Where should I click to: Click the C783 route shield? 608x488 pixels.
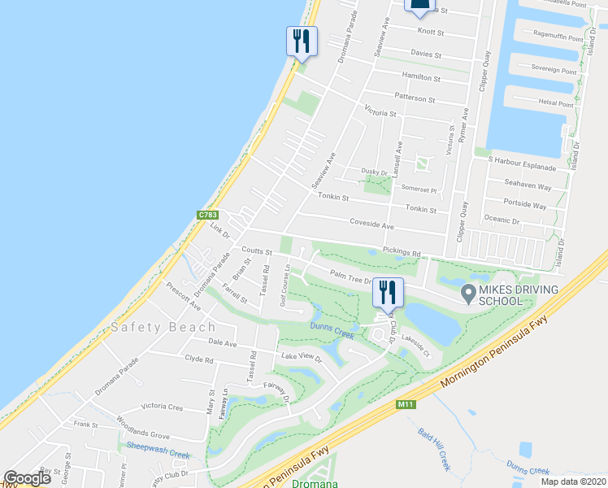tap(206, 215)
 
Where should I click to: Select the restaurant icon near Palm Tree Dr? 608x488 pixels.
tap(388, 291)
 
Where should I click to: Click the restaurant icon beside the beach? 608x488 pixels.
tap(302, 40)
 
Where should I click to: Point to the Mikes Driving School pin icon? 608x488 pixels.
tap(468, 291)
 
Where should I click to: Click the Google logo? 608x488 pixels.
tap(27, 478)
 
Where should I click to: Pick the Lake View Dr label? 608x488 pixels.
tap(302, 357)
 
